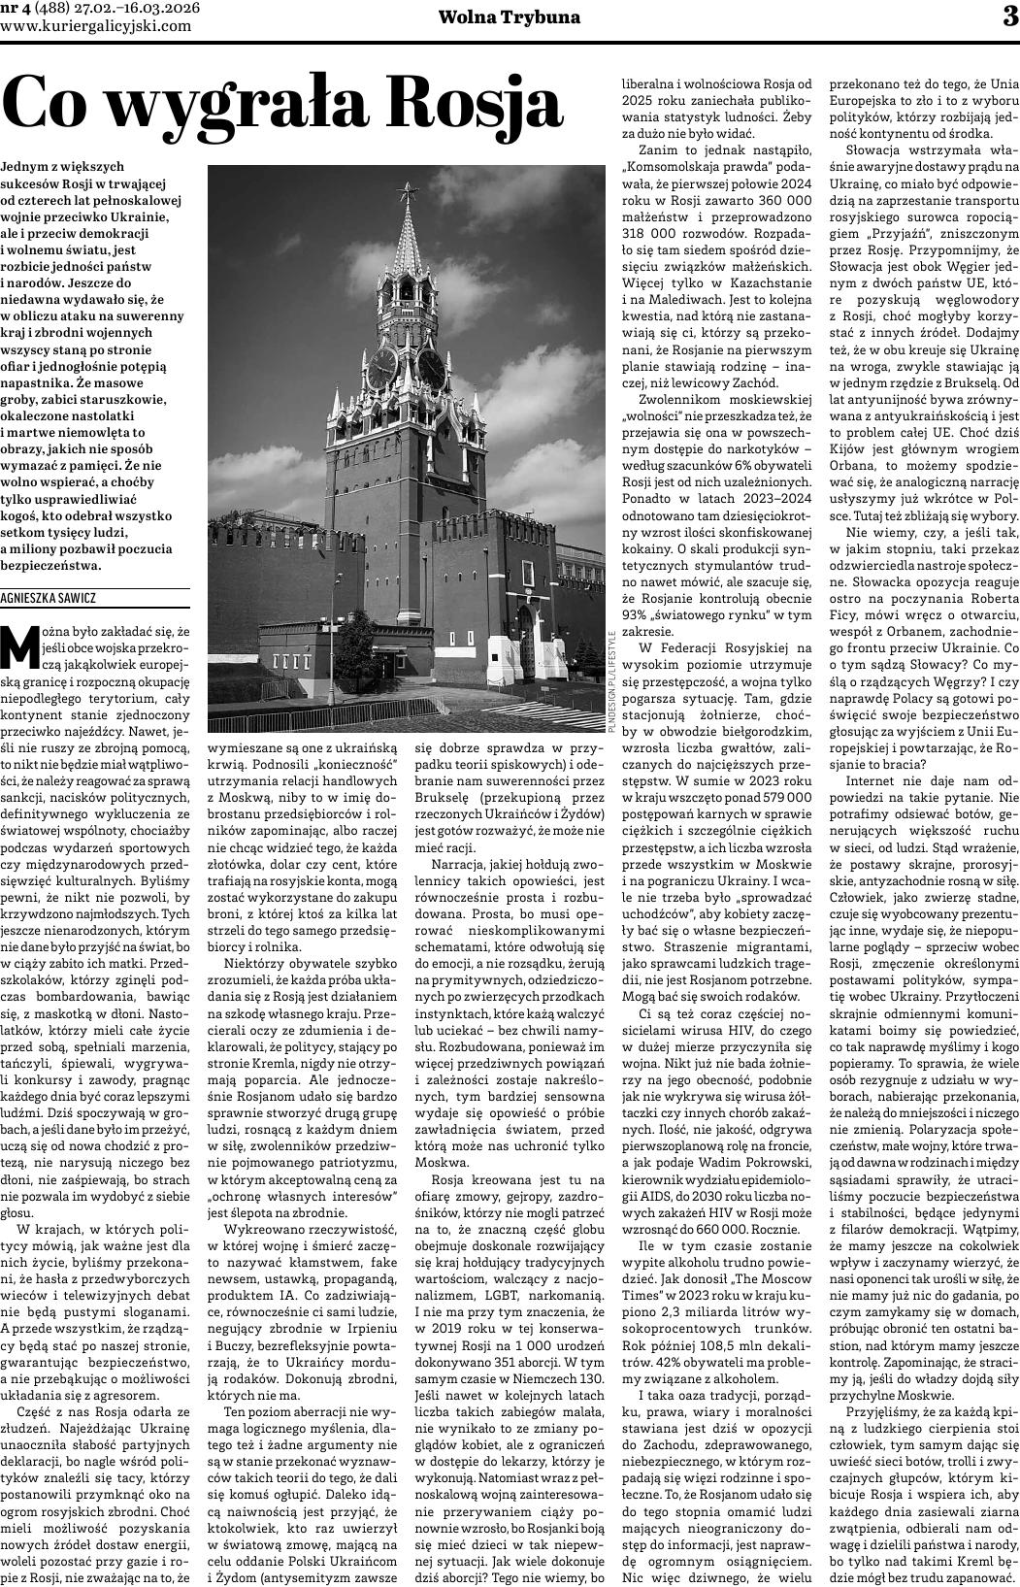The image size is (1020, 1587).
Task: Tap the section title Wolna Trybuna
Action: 510,17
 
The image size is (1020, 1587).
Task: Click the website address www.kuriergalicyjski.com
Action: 96,26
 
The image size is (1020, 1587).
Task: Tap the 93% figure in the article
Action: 638,614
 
